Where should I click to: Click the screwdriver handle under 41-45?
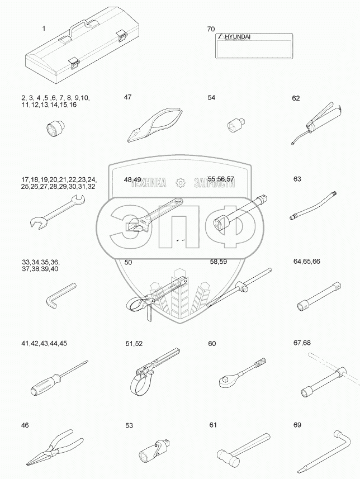point(42,386)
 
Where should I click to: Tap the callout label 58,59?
point(218,262)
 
